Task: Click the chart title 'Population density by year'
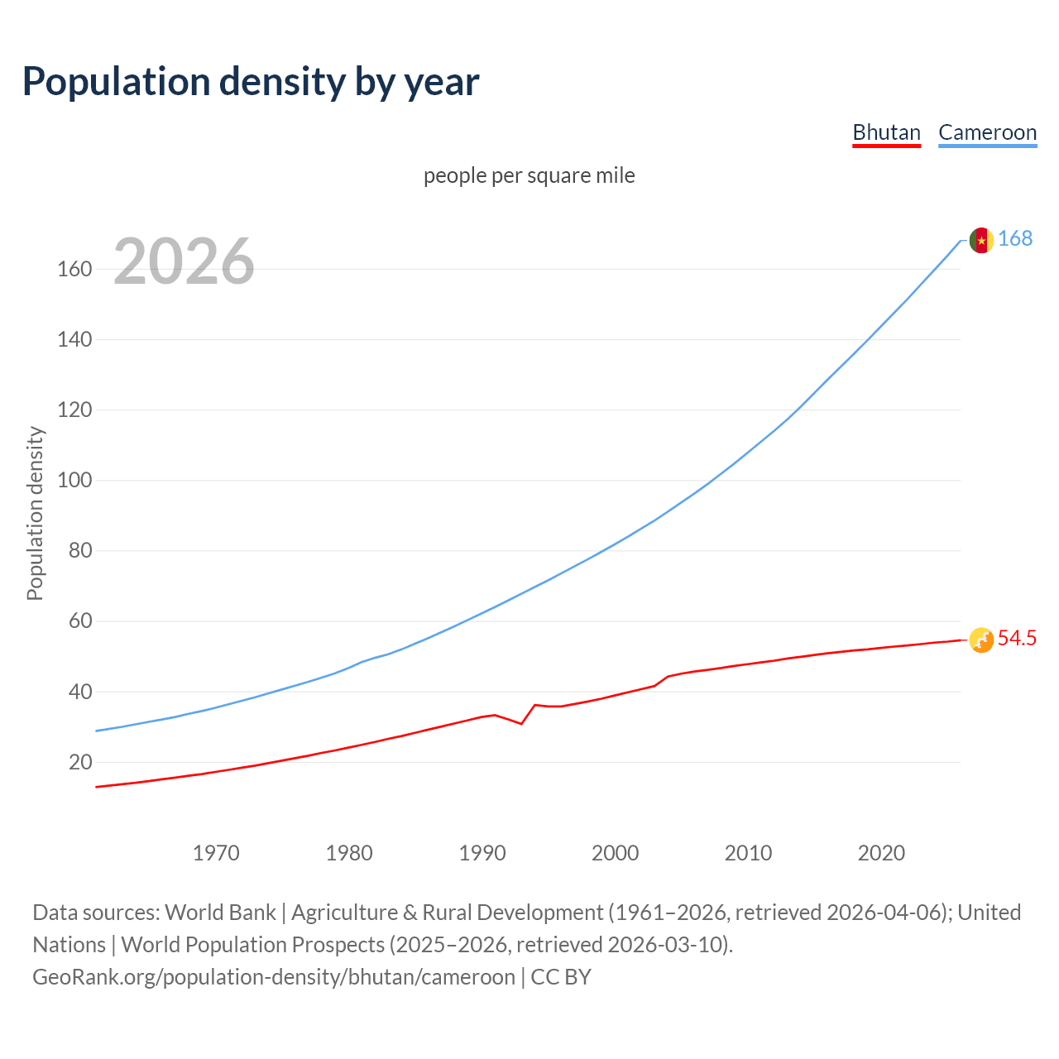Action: pyautogui.click(x=251, y=81)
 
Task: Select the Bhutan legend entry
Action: pyautogui.click(x=886, y=132)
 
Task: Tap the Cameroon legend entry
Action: pyautogui.click(x=987, y=132)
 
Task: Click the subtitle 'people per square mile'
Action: pyautogui.click(x=529, y=175)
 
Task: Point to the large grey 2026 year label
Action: pyautogui.click(x=184, y=261)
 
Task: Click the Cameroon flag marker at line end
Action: pyautogui.click(x=980, y=240)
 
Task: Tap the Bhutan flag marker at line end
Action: pyautogui.click(x=980, y=640)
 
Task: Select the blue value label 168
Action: pyautogui.click(x=1015, y=238)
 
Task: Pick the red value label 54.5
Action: pyautogui.click(x=1017, y=638)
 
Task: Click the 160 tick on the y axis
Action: pyautogui.click(x=74, y=269)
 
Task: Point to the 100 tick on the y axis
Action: pyautogui.click(x=74, y=480)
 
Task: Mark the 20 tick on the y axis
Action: pyautogui.click(x=80, y=762)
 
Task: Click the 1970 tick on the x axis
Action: pyautogui.click(x=216, y=853)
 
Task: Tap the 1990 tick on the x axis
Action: pyautogui.click(x=482, y=853)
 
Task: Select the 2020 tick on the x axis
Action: pyautogui.click(x=881, y=853)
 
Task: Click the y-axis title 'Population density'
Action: pyautogui.click(x=35, y=513)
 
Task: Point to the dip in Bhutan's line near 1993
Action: pyautogui.click(x=521, y=723)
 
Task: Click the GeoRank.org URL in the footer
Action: pyautogui.click(x=273, y=977)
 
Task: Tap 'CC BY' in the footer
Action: pyautogui.click(x=561, y=977)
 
